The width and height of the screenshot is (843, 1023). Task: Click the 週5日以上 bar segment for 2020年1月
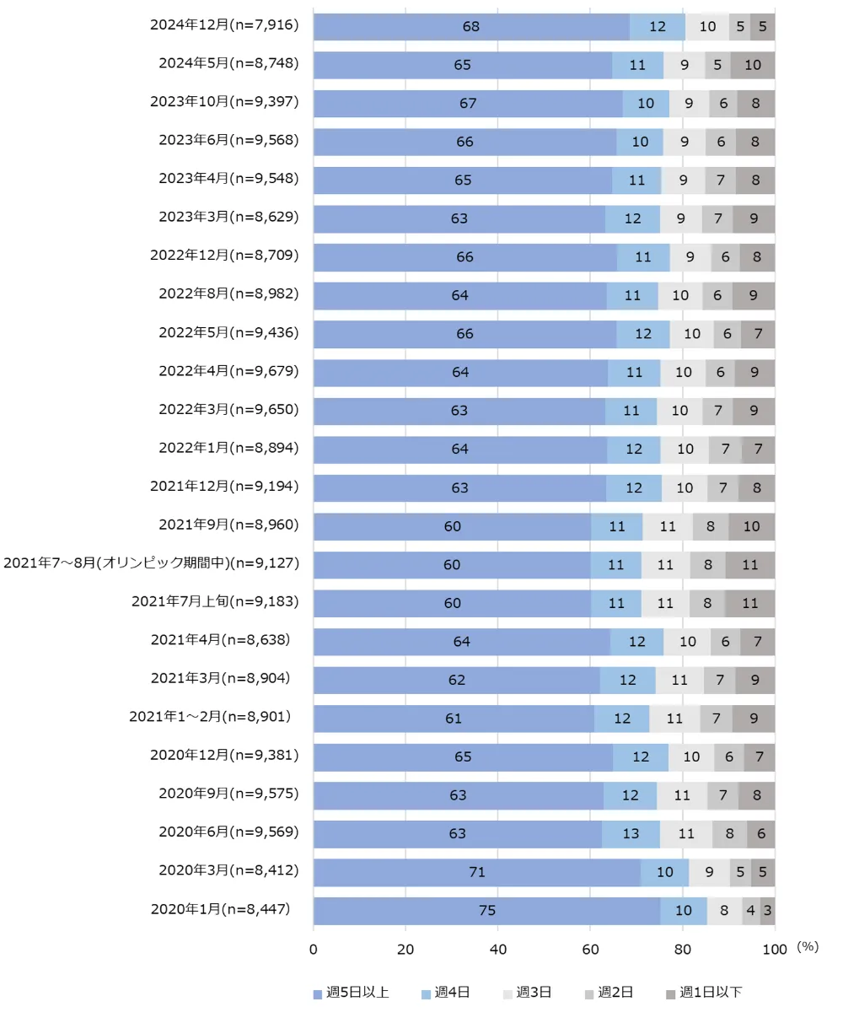coord(486,911)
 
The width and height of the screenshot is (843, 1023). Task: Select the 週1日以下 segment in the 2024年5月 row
coord(753,65)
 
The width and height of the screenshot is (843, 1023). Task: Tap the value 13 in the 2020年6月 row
coord(631,834)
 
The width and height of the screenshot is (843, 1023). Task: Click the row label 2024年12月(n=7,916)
coord(224,25)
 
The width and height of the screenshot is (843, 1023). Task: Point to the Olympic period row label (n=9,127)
coord(152,563)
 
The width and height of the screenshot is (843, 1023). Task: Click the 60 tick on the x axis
coord(590,950)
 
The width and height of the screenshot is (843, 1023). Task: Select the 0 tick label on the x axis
coord(314,950)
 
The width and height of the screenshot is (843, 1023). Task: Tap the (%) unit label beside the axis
coord(807,947)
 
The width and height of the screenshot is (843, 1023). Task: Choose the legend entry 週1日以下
coord(704,993)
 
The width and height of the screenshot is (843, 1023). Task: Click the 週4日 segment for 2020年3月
coord(664,872)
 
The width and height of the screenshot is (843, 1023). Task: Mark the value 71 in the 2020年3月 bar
coord(477,872)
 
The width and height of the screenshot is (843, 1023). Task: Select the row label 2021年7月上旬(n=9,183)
coord(215,601)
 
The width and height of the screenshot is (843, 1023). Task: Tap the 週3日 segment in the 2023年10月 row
coord(690,104)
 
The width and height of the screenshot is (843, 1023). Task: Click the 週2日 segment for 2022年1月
coord(725,450)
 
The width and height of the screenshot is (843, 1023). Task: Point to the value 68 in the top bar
coord(470,27)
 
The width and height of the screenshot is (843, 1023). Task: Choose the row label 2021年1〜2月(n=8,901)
coord(210,717)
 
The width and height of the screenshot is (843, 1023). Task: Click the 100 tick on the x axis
coord(775,950)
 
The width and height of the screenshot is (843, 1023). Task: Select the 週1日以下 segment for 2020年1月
coord(767,911)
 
